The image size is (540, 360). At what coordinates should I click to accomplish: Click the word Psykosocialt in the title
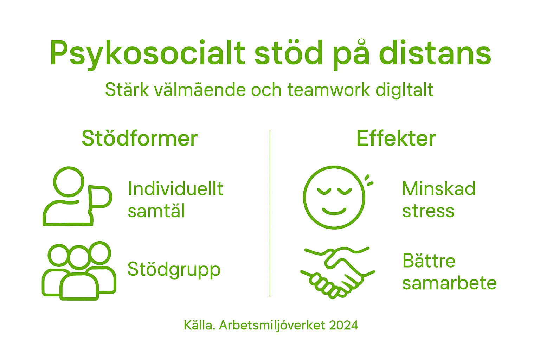(147, 54)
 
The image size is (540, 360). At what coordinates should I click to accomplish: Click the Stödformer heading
(140, 139)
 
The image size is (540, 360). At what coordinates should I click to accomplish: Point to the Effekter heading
(396, 139)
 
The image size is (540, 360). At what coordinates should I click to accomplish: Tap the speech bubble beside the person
(100, 197)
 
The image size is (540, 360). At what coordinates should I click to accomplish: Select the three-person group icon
(79, 271)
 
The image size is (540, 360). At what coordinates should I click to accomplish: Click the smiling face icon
(334, 197)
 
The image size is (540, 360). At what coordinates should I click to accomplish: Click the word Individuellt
(175, 189)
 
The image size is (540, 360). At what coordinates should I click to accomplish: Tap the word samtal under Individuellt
(156, 211)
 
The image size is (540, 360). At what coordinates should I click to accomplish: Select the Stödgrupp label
(174, 270)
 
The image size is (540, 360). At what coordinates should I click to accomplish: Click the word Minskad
(439, 189)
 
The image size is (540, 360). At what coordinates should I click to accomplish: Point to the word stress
(428, 211)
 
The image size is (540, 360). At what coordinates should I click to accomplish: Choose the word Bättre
(429, 261)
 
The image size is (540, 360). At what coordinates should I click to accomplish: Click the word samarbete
(449, 283)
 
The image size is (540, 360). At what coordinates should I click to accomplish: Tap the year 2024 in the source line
(343, 325)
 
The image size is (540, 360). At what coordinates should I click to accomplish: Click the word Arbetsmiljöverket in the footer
(272, 325)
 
